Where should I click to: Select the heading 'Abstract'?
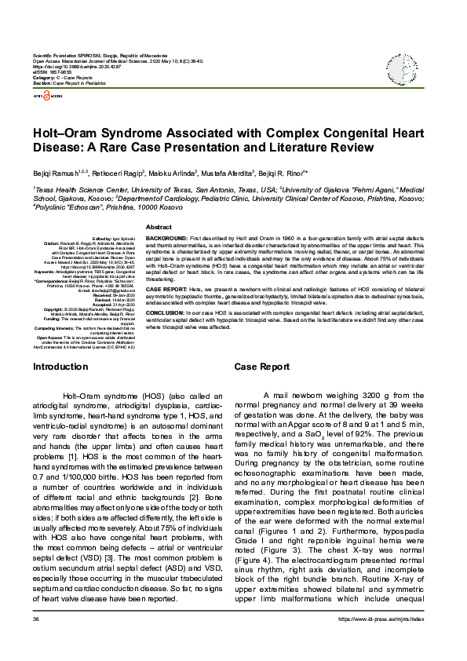click(159, 226)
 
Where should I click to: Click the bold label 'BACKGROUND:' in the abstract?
click(166, 237)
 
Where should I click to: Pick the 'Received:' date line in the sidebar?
click(112, 294)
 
